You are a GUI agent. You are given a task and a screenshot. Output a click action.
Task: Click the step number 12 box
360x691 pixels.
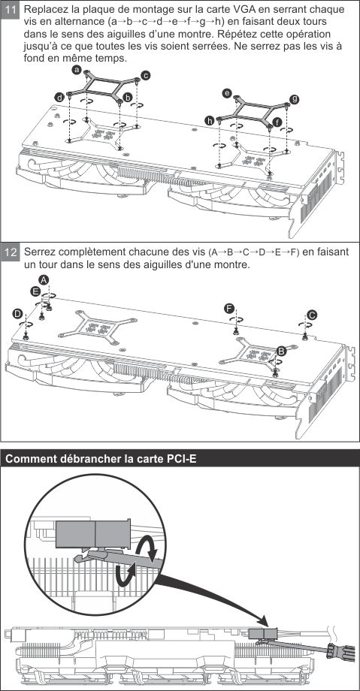pos(11,253)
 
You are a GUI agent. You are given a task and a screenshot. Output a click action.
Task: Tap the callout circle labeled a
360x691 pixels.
pos(77,70)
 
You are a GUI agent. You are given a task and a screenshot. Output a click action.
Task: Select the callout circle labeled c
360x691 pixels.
pos(146,75)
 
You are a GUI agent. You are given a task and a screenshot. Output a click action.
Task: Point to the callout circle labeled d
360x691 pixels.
pos(59,98)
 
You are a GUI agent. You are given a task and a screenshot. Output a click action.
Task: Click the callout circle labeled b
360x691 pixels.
pos(128,98)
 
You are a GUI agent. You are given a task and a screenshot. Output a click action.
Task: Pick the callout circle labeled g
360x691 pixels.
pos(295,99)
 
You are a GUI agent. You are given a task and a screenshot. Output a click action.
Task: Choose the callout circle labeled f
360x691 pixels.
pos(277,122)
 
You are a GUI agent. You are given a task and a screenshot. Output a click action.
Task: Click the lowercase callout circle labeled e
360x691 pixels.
pos(227,93)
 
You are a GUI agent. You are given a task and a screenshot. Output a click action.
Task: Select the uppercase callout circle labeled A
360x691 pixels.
pos(44,279)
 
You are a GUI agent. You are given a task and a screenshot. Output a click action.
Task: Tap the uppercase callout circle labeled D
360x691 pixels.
pos(17,313)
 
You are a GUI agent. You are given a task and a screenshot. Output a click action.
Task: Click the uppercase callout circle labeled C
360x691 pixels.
pos(312,315)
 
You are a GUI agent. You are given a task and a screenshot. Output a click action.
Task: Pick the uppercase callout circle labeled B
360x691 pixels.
pos(281,351)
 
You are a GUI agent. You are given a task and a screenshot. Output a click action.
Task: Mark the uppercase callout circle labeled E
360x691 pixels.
pos(36,291)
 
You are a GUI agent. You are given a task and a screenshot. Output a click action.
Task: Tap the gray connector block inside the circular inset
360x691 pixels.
pos(93,533)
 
